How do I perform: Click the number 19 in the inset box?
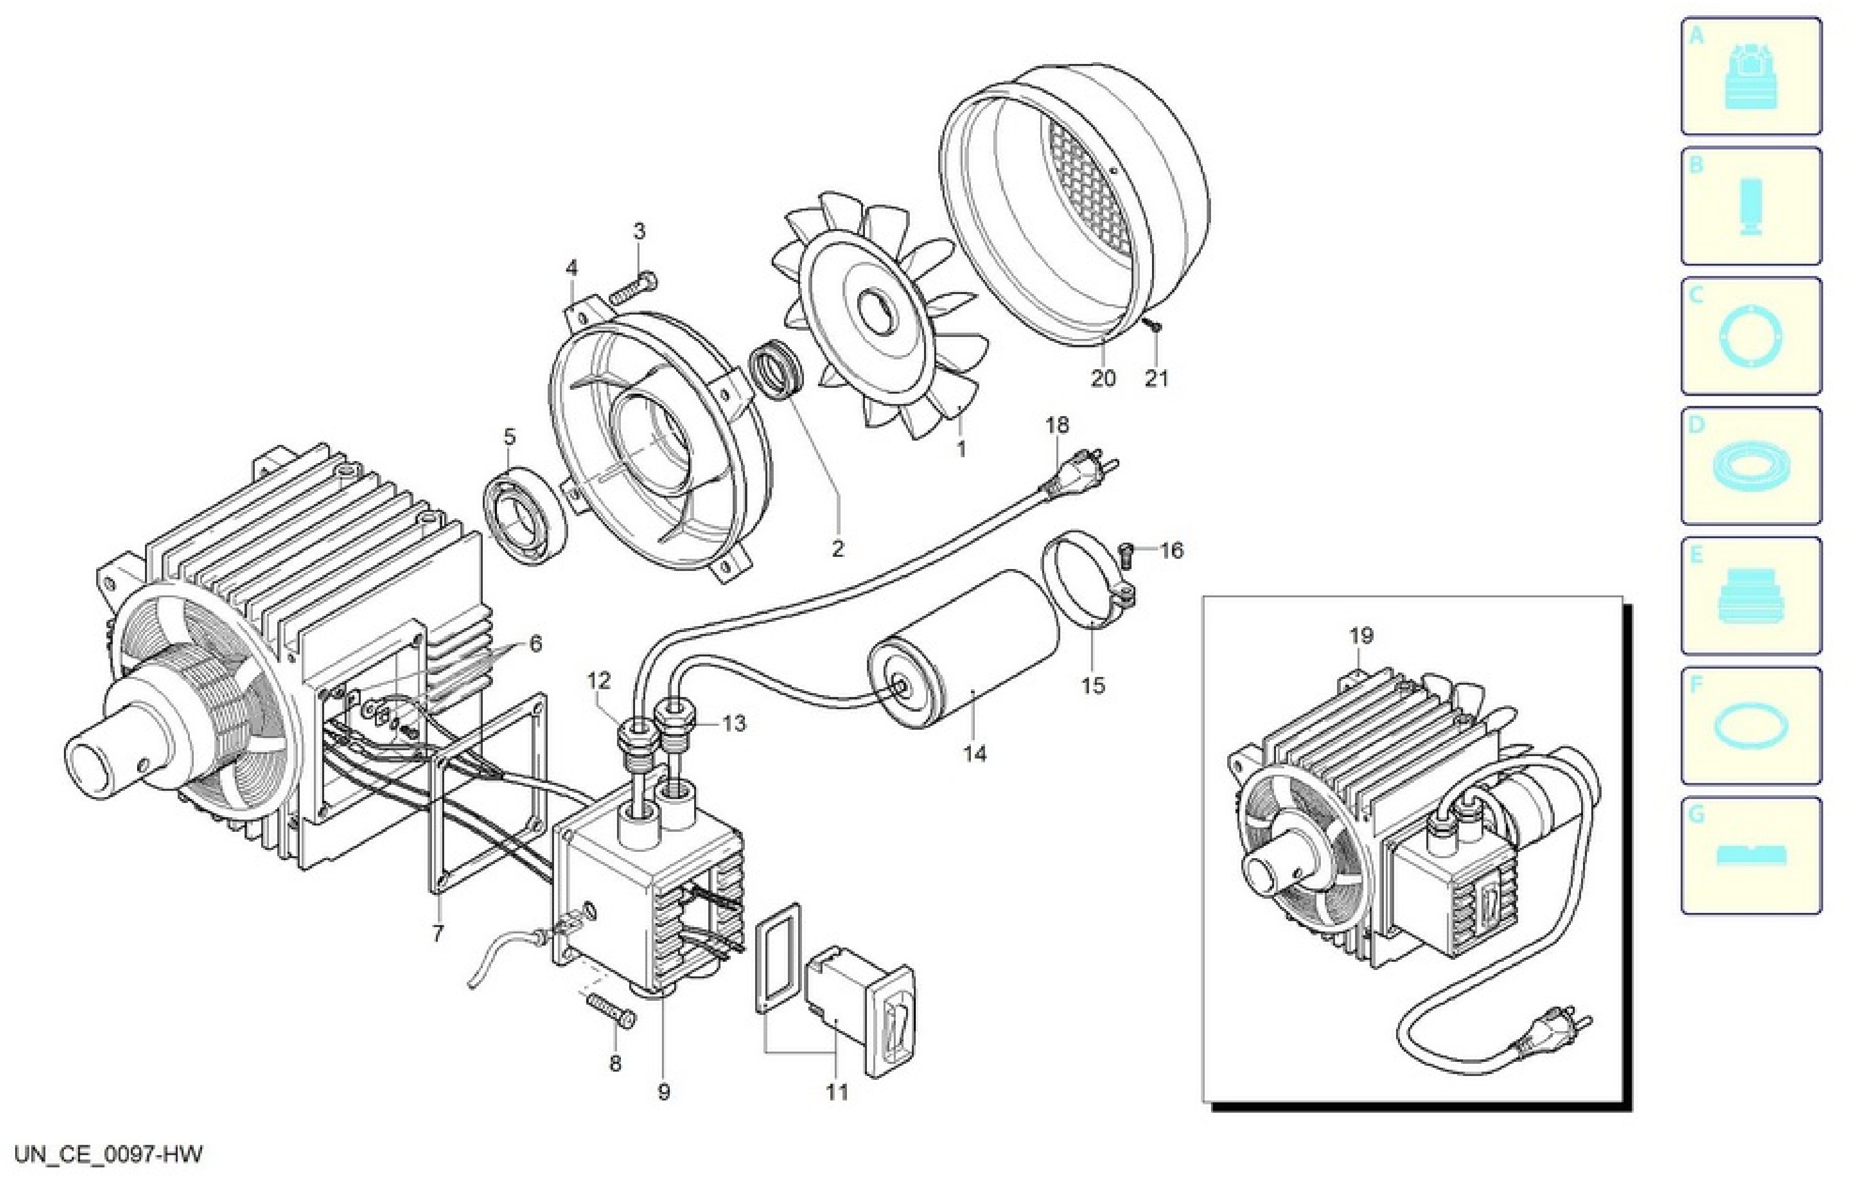tap(1360, 635)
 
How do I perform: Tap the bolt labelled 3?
tap(634, 288)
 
